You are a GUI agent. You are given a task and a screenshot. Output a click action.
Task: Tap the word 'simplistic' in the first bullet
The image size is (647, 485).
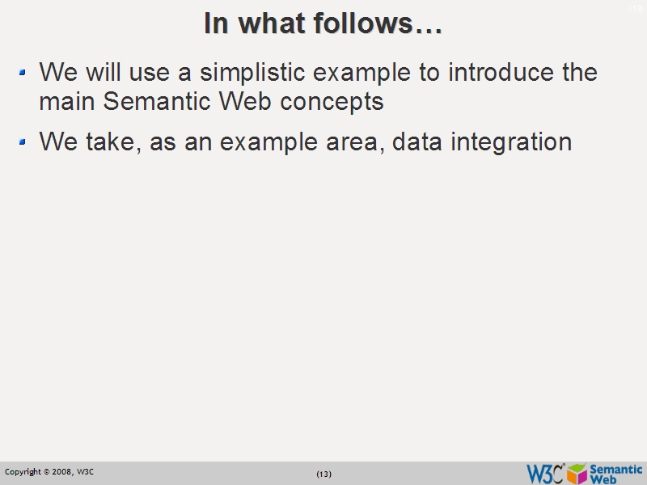pyautogui.click(x=253, y=73)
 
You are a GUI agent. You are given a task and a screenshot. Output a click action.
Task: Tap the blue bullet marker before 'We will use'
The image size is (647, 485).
pyautogui.click(x=23, y=73)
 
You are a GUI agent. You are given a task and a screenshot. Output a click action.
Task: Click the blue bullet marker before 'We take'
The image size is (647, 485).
pyautogui.click(x=23, y=142)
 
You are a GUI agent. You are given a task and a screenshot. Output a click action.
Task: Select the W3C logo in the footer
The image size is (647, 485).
pyautogui.click(x=544, y=473)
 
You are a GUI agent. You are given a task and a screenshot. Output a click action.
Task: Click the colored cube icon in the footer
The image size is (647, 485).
pyautogui.click(x=577, y=473)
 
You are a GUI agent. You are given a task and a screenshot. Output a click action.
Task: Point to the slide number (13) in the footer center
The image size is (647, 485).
pyautogui.click(x=323, y=474)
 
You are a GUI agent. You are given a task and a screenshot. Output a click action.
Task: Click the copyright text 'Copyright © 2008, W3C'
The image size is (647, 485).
pyautogui.click(x=49, y=471)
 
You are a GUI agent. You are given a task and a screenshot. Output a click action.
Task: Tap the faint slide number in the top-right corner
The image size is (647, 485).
pyautogui.click(x=636, y=8)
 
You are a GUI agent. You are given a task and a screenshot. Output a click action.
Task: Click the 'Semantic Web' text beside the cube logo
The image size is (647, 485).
pyautogui.click(x=616, y=474)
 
